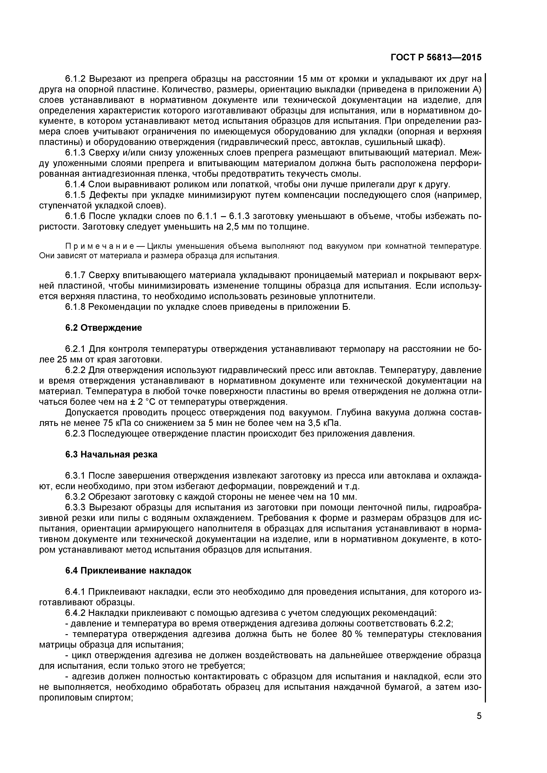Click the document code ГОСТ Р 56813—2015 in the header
(436, 58)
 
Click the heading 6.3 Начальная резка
(111, 455)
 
